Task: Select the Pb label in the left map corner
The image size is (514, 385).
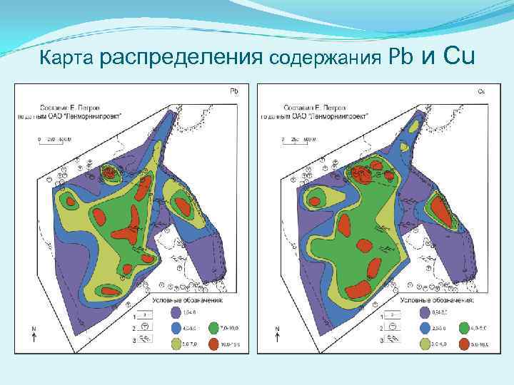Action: click(233, 91)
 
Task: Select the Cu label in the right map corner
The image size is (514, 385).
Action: click(480, 91)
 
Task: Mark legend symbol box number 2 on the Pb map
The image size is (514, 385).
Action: click(143, 328)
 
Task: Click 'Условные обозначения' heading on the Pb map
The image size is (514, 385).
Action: click(186, 301)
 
